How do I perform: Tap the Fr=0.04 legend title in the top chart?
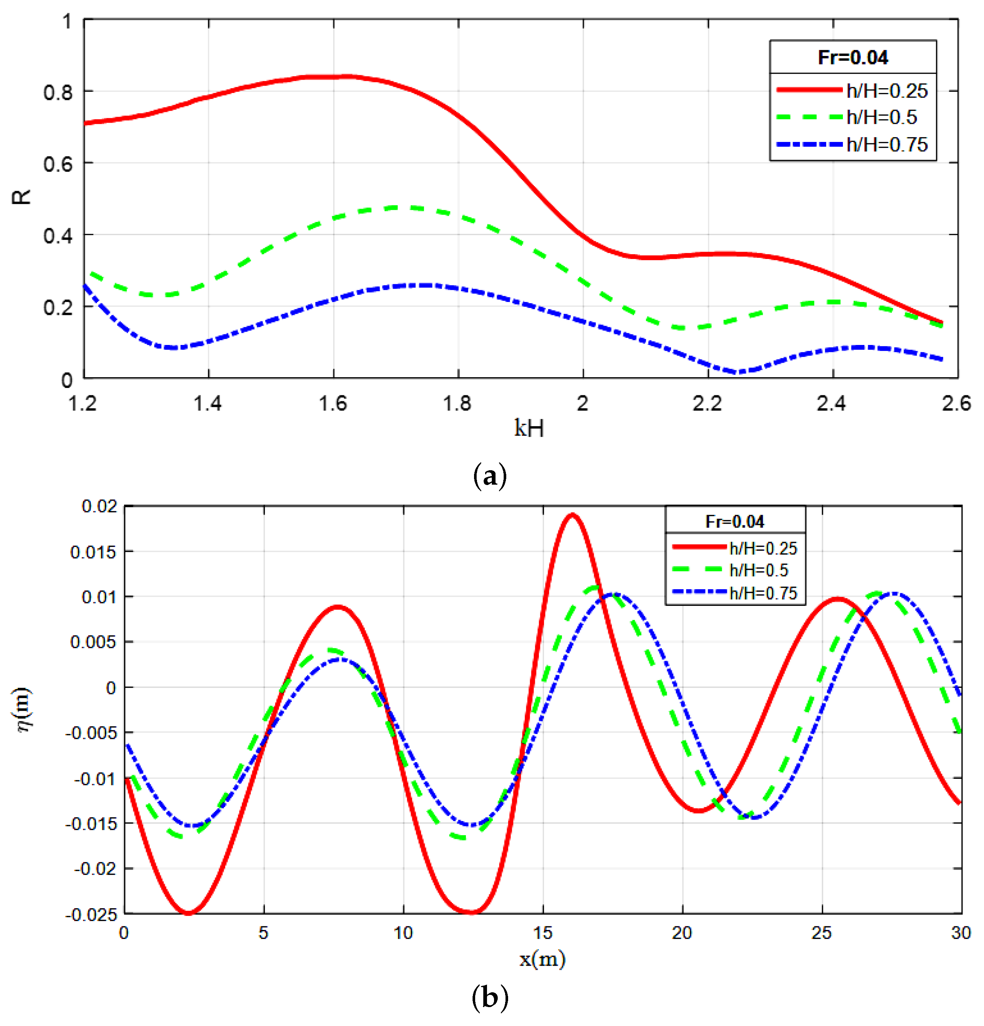click(x=852, y=57)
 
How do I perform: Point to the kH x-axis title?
click(x=529, y=428)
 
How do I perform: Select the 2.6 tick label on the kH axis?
click(x=956, y=404)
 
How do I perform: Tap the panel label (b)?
click(x=489, y=997)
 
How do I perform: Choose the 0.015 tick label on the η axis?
click(x=93, y=552)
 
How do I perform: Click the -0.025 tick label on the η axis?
click(x=91, y=914)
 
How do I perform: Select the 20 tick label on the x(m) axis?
click(x=682, y=933)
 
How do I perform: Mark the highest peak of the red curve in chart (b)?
click(x=572, y=515)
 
